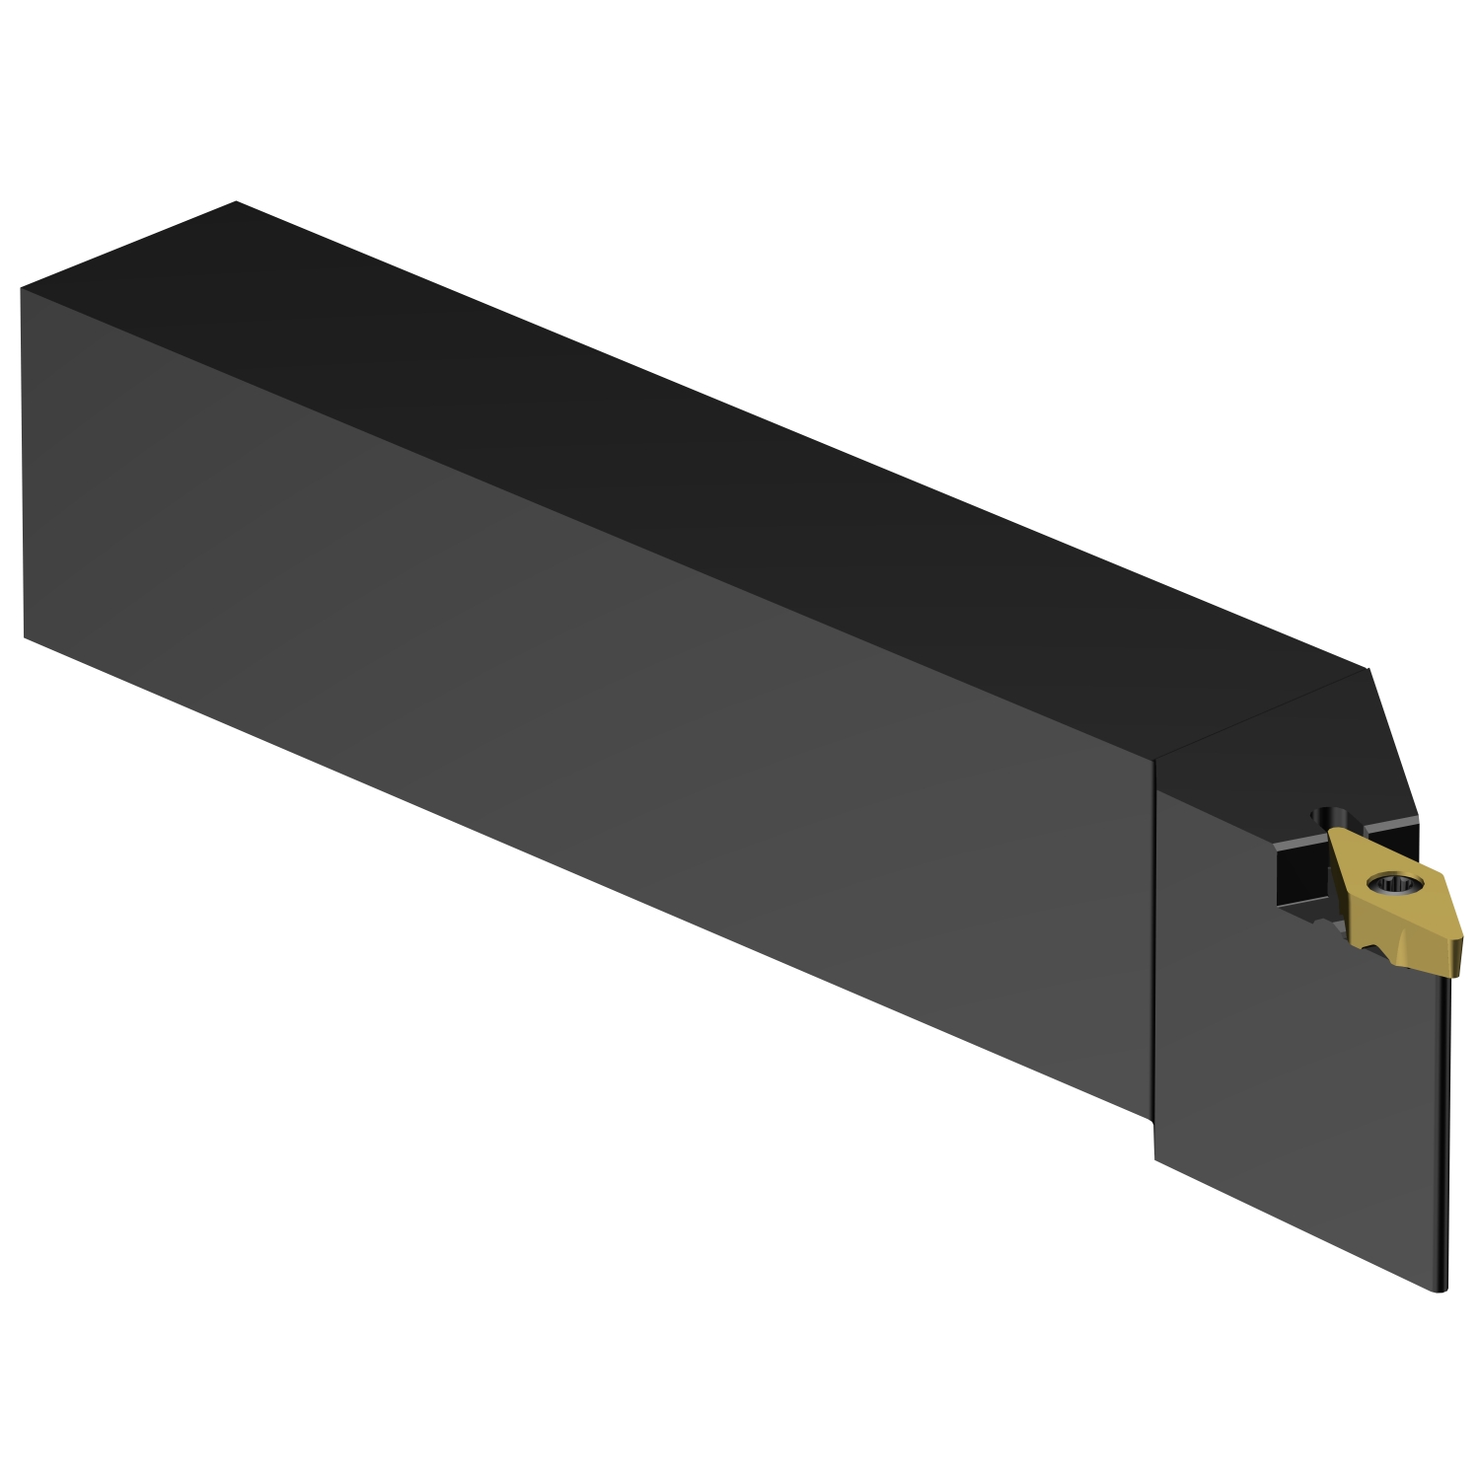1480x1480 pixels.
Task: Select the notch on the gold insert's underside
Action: [1374, 949]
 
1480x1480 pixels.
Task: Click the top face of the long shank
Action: [691, 414]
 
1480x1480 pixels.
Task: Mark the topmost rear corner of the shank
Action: [237, 201]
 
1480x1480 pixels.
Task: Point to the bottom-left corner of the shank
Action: [24, 637]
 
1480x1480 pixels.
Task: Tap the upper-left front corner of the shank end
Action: [21, 289]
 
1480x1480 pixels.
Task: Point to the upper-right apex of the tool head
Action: [1368, 669]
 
